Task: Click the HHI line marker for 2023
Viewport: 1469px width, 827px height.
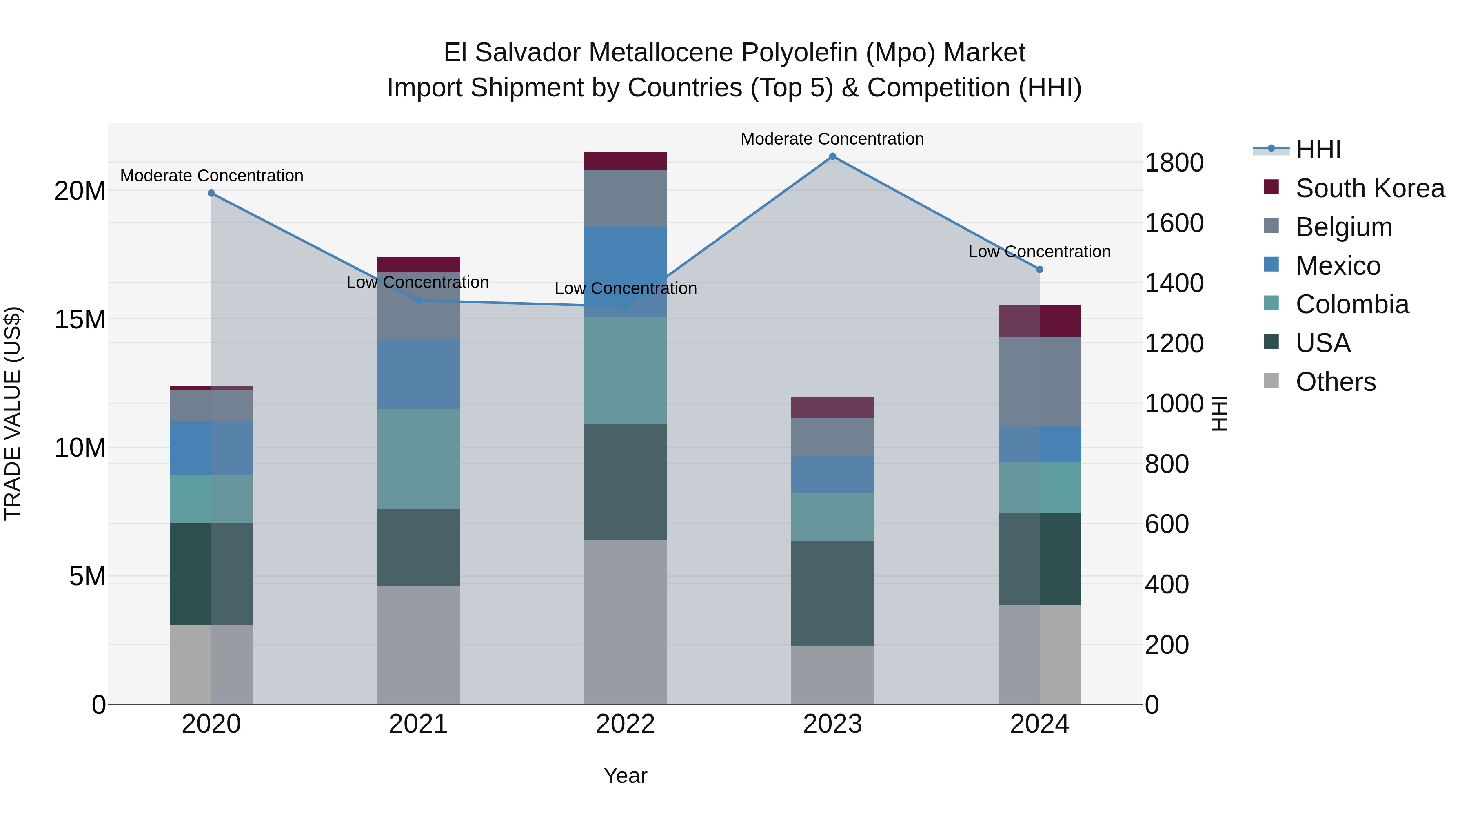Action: point(832,156)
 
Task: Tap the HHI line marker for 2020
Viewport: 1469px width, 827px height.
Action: point(211,194)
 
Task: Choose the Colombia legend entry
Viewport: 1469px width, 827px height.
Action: point(1351,304)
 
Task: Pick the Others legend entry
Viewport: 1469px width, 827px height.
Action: point(1335,382)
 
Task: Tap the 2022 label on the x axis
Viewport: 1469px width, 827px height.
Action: point(625,724)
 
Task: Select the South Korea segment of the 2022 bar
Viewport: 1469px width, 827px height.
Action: point(625,161)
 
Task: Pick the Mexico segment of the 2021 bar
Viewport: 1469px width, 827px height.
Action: point(418,374)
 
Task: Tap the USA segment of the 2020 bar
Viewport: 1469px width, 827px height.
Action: point(211,574)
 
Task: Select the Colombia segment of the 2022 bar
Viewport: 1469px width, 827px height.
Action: point(625,370)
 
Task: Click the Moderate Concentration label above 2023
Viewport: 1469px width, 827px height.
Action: point(832,139)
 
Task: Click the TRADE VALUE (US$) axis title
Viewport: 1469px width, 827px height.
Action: point(13,413)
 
